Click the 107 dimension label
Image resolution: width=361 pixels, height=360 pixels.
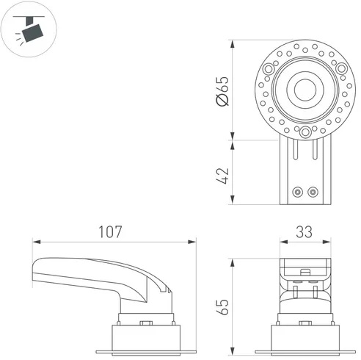(110, 232)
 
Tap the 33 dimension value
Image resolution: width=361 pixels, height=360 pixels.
(305, 232)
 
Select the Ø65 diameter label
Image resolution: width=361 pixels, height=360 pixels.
(223, 91)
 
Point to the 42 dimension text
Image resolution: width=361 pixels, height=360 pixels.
(223, 176)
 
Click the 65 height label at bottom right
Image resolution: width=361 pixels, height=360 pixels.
(223, 306)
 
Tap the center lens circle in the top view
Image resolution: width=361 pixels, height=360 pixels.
(305, 90)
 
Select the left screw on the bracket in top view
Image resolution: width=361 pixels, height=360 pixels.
(297, 192)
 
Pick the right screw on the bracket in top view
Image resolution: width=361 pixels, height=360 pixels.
(313, 192)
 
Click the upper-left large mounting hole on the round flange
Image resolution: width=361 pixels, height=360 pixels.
(269, 69)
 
